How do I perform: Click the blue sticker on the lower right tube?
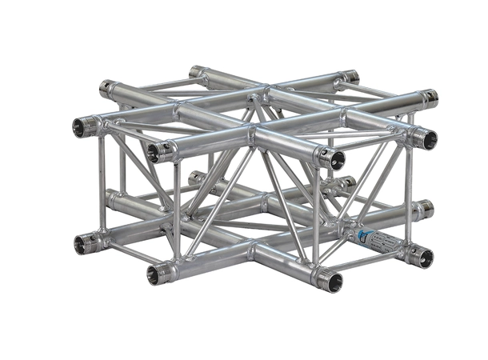click(365, 237)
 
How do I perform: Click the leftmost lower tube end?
click(81, 242)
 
